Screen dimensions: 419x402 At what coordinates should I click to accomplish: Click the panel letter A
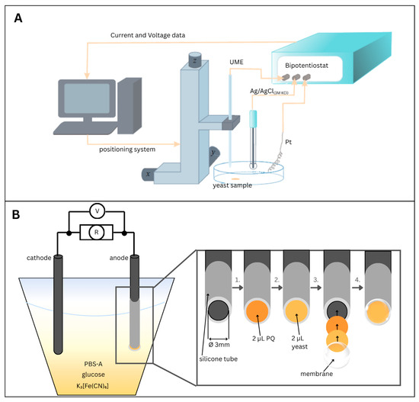point(18,18)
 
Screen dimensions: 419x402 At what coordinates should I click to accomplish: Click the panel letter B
point(16,214)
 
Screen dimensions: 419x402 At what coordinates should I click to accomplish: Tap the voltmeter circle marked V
point(97,211)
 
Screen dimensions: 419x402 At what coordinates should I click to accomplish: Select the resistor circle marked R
point(97,233)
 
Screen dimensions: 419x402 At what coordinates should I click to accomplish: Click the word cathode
point(39,258)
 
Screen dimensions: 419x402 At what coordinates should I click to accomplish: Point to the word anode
point(119,258)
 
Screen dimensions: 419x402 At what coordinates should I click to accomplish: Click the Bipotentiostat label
point(306,66)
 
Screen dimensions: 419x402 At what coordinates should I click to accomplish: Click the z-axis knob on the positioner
point(195,59)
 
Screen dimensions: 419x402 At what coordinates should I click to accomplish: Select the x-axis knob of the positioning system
point(148,174)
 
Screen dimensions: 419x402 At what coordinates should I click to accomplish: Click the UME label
point(236,62)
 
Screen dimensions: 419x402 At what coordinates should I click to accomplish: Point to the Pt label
point(288,142)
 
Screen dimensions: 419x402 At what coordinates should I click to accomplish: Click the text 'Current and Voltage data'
point(148,35)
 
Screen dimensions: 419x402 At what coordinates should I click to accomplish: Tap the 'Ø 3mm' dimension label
point(219,345)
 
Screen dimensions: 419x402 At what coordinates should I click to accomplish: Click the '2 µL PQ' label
point(264,339)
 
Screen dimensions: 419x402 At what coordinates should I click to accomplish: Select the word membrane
point(317,374)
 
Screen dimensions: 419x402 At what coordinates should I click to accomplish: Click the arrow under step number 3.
point(317,288)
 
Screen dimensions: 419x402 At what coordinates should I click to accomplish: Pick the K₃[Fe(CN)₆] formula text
point(92,386)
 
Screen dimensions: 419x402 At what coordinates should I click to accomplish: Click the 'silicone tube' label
point(219,359)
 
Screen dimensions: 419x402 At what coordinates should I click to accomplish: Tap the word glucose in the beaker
point(93,375)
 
